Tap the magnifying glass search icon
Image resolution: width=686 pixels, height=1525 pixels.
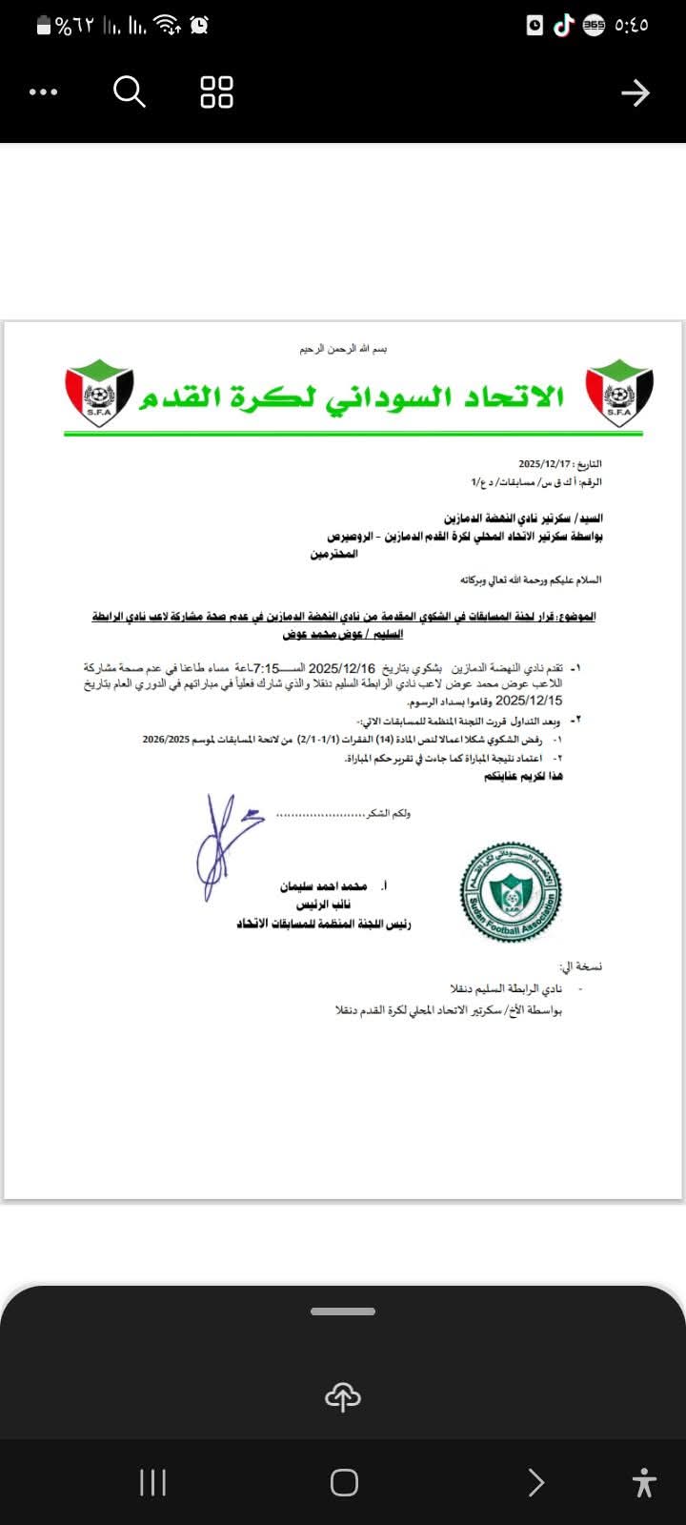click(130, 92)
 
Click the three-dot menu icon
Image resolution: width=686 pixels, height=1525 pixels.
click(44, 92)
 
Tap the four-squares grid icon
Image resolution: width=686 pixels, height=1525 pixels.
click(216, 92)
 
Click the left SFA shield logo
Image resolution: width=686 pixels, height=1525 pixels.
click(99, 394)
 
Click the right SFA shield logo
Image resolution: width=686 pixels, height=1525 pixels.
click(618, 394)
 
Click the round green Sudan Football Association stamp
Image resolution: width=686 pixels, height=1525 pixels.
click(511, 892)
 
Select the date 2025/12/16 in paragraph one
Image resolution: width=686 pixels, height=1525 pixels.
click(342, 668)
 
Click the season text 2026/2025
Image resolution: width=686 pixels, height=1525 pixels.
click(166, 739)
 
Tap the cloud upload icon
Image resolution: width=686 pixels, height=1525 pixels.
click(343, 1397)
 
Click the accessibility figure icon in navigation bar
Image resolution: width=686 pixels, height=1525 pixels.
click(644, 1482)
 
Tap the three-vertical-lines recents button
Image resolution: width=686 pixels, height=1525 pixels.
click(152, 1482)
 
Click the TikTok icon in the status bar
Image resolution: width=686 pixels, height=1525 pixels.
click(564, 26)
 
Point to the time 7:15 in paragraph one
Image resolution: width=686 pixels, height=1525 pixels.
click(268, 668)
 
